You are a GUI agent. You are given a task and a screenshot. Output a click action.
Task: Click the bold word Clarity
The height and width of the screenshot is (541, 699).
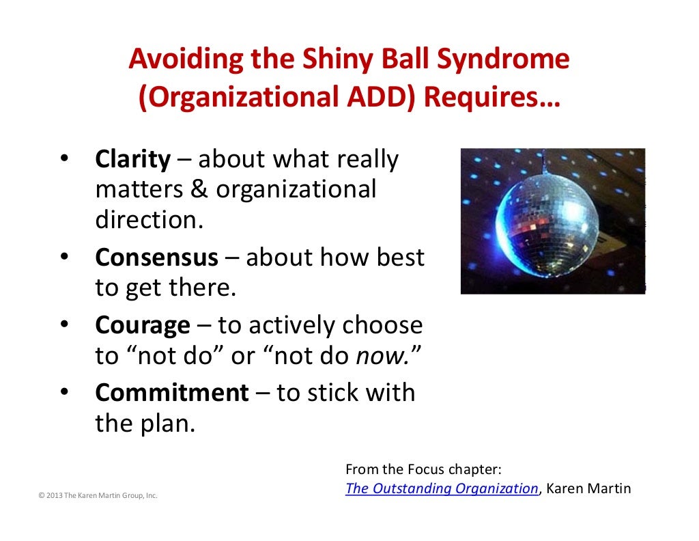pyautogui.click(x=132, y=159)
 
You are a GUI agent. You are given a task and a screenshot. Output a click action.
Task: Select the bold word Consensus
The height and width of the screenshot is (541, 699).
pyautogui.click(x=157, y=258)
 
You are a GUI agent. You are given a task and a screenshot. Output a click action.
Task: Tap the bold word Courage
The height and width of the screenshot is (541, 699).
pyautogui.click(x=143, y=325)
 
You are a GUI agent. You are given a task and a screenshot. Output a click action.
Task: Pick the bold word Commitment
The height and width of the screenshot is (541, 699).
pyautogui.click(x=172, y=393)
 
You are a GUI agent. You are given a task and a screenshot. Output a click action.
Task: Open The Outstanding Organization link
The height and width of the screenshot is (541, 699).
pyautogui.click(x=442, y=488)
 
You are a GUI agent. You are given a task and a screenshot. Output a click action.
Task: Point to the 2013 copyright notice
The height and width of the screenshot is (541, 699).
pyautogui.click(x=98, y=495)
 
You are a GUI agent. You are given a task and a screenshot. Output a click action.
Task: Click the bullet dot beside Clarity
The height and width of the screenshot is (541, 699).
pyautogui.click(x=65, y=159)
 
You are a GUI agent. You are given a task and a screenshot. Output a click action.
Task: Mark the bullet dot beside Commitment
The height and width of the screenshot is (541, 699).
pyautogui.click(x=65, y=393)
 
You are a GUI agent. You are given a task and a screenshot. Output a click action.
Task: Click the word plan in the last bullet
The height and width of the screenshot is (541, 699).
pyautogui.click(x=170, y=424)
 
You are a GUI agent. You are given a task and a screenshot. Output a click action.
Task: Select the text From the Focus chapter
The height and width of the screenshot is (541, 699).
pyautogui.click(x=423, y=469)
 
